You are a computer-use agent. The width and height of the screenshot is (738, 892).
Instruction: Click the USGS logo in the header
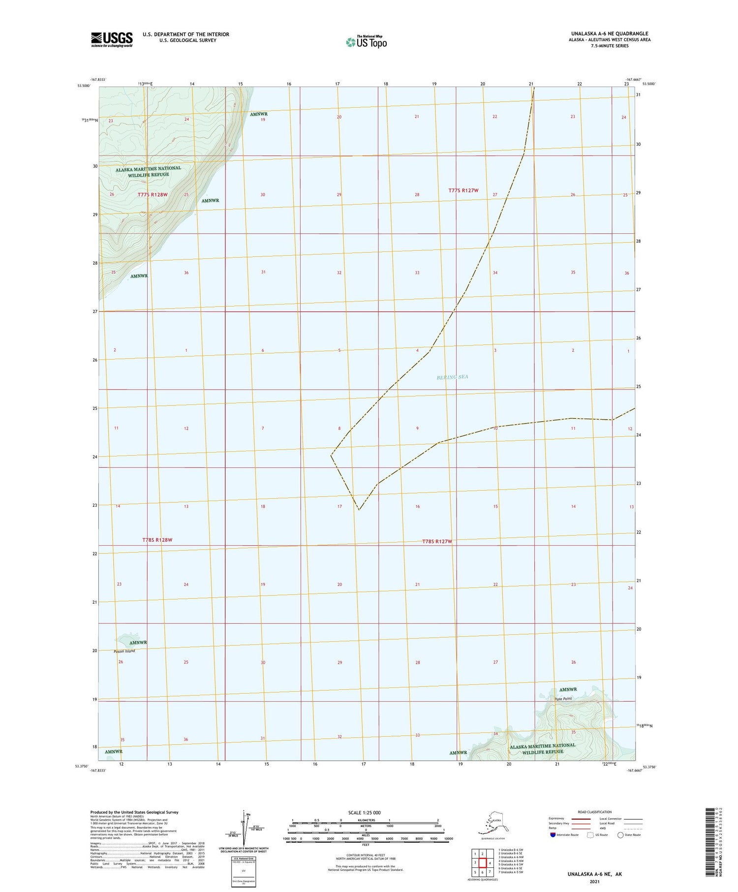(112, 39)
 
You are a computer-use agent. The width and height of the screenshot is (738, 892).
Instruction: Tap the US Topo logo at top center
(367, 42)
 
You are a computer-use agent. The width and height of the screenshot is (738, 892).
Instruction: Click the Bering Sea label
(452, 377)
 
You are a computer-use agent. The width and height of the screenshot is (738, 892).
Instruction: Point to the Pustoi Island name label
(124, 651)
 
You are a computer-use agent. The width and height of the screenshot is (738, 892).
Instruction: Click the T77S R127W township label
(463, 190)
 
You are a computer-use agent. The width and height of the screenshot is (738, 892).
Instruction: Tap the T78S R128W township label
(157, 540)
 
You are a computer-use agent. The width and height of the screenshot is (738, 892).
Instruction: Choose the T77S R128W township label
(152, 195)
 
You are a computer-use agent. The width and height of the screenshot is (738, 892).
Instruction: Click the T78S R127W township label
(437, 542)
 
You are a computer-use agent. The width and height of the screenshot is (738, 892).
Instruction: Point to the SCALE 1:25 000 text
(365, 812)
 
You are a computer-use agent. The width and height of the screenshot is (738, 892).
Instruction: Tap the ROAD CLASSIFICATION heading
(595, 812)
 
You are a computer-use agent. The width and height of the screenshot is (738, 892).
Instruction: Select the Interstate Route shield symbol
(553, 835)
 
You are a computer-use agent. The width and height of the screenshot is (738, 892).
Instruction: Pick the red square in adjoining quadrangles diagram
(483, 862)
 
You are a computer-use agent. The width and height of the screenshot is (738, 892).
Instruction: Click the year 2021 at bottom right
(594, 881)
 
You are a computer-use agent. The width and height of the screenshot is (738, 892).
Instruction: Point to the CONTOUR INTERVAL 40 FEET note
(365, 855)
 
